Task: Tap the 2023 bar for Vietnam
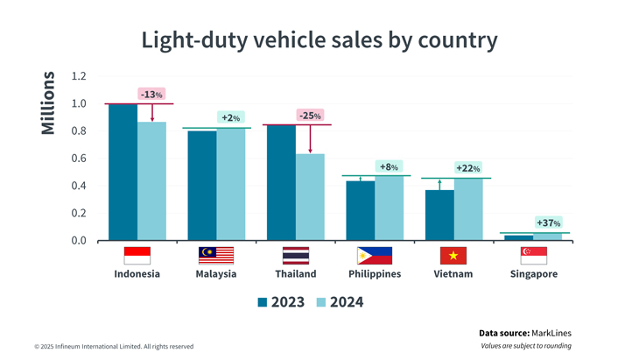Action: point(439,215)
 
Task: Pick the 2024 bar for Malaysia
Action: point(231,185)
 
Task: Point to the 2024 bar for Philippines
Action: point(389,208)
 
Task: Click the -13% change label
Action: point(151,95)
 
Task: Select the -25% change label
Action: point(310,116)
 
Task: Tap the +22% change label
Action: point(467,168)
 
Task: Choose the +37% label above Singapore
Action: point(548,223)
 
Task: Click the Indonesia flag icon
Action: point(137,256)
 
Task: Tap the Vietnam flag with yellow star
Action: point(453,256)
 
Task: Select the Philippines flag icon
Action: point(375,256)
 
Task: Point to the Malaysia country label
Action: point(216,274)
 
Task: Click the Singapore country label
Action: point(534,274)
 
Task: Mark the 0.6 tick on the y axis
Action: point(79,159)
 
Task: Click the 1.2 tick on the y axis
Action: point(79,76)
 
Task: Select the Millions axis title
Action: point(47,103)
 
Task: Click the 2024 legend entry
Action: point(338,302)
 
